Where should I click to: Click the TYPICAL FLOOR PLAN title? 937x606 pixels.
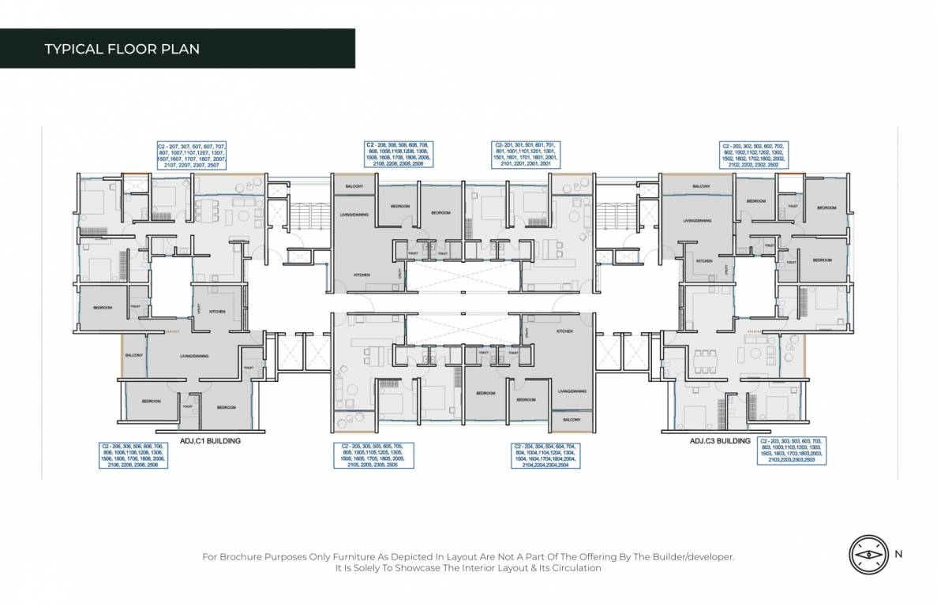[122, 49]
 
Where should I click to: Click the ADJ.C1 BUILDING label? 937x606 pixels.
[210, 441]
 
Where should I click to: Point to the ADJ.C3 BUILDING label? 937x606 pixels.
[720, 441]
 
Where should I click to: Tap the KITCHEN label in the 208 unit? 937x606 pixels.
[362, 274]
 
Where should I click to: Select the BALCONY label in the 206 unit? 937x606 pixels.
[133, 355]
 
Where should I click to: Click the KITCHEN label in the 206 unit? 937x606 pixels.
[217, 312]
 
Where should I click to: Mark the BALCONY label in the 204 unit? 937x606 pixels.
[572, 421]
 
